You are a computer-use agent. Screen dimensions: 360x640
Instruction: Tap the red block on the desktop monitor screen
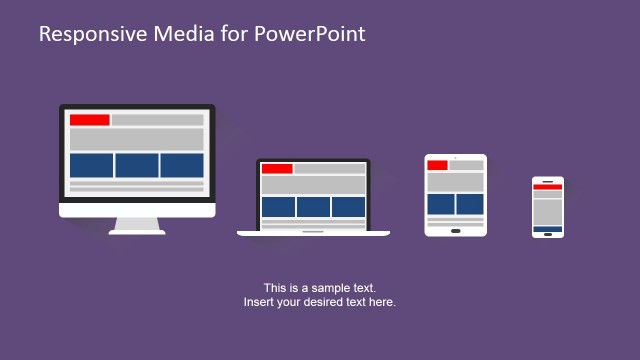pos(89,120)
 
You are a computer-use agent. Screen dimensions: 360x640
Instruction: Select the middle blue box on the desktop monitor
pos(137,165)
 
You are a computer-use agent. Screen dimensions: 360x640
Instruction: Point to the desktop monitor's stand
pos(137,226)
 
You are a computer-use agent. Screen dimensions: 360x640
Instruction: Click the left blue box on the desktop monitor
pos(91,165)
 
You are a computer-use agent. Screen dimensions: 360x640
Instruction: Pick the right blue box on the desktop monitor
pos(182,165)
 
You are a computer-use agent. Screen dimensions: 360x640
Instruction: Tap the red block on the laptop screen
pos(277,169)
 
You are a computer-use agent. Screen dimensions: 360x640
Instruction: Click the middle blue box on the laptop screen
pos(313,207)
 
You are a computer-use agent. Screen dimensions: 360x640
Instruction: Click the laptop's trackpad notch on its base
pos(313,232)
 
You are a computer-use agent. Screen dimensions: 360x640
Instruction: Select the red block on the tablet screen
pos(437,165)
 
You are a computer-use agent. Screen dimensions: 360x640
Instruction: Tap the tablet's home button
pos(456,230)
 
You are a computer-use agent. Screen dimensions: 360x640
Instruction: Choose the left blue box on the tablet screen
pos(441,204)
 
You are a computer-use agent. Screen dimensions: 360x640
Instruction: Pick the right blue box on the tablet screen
pos(470,204)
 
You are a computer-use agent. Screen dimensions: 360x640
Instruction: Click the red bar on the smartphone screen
pos(547,187)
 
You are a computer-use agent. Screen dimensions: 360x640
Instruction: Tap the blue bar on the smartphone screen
pos(547,229)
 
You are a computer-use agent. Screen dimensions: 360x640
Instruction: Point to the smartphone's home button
pos(547,235)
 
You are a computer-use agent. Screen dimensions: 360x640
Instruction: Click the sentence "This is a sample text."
pos(320,288)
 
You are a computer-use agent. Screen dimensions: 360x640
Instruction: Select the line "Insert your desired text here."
pos(320,302)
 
